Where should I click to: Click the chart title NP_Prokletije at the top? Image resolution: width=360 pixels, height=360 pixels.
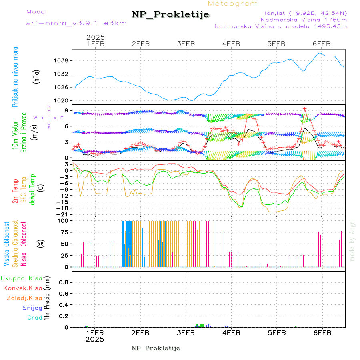point(170,15)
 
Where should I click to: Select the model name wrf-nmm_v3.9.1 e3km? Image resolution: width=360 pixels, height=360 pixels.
point(76,23)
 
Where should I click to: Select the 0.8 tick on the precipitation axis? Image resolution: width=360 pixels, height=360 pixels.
point(63,282)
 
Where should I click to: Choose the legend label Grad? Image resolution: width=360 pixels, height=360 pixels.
point(35,318)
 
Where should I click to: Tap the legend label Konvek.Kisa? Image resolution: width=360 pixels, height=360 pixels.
point(22,288)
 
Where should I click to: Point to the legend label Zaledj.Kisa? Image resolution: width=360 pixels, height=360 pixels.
point(24,298)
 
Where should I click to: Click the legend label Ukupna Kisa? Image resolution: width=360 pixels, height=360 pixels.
point(22,278)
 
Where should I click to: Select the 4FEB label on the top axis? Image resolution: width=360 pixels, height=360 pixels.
point(231,44)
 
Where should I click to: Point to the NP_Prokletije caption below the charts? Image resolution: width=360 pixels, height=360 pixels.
point(156,348)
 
